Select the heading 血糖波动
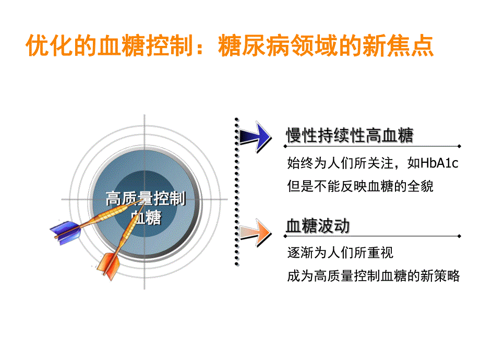click(x=318, y=226)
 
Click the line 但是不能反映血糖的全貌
click(x=360, y=186)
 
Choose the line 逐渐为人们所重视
click(x=340, y=254)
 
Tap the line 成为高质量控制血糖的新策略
click(x=373, y=277)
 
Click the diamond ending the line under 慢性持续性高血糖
click(x=459, y=147)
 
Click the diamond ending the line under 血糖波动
click(x=459, y=236)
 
